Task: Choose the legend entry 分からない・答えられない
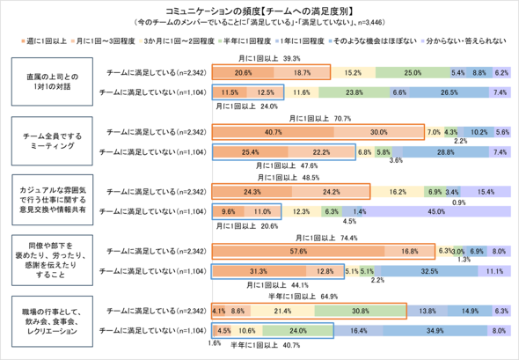(x=465, y=40)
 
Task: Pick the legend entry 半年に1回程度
(x=263, y=40)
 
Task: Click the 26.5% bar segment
(x=448, y=92)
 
